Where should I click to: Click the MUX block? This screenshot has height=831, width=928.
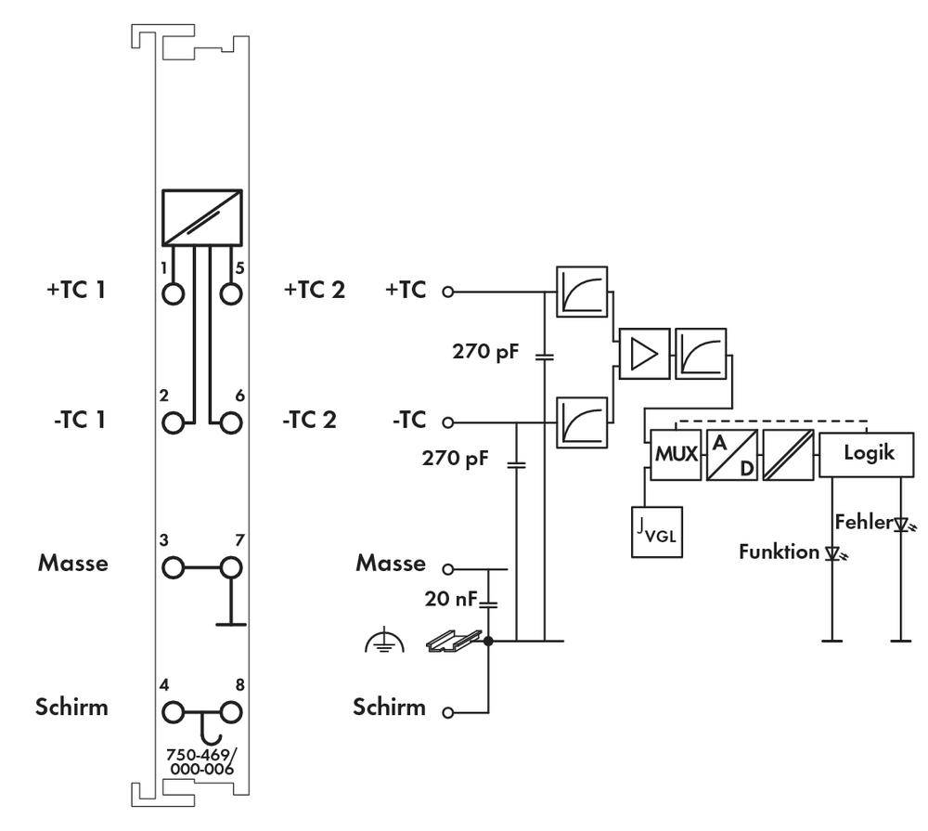(676, 455)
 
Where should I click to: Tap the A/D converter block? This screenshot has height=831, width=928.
(731, 455)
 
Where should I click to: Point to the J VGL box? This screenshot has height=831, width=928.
(656, 533)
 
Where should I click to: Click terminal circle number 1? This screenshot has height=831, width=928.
(173, 293)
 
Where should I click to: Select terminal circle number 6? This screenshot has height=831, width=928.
(230, 422)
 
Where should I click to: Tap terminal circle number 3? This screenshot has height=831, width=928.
(173, 566)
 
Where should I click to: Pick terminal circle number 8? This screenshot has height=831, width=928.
(230, 712)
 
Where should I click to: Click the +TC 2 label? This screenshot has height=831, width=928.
(314, 290)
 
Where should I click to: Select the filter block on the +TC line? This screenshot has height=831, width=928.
(582, 292)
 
